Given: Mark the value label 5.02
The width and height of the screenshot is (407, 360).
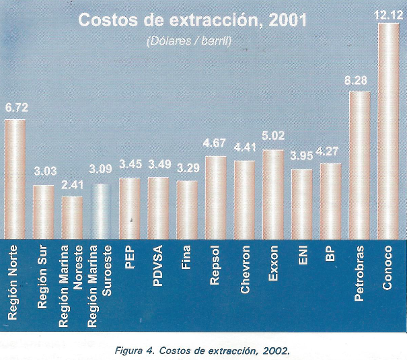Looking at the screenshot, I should coord(273,140).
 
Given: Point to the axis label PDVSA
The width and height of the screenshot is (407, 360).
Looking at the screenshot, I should coord(158,266).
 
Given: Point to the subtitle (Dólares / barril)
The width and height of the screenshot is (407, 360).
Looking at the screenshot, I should coord(189,41).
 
